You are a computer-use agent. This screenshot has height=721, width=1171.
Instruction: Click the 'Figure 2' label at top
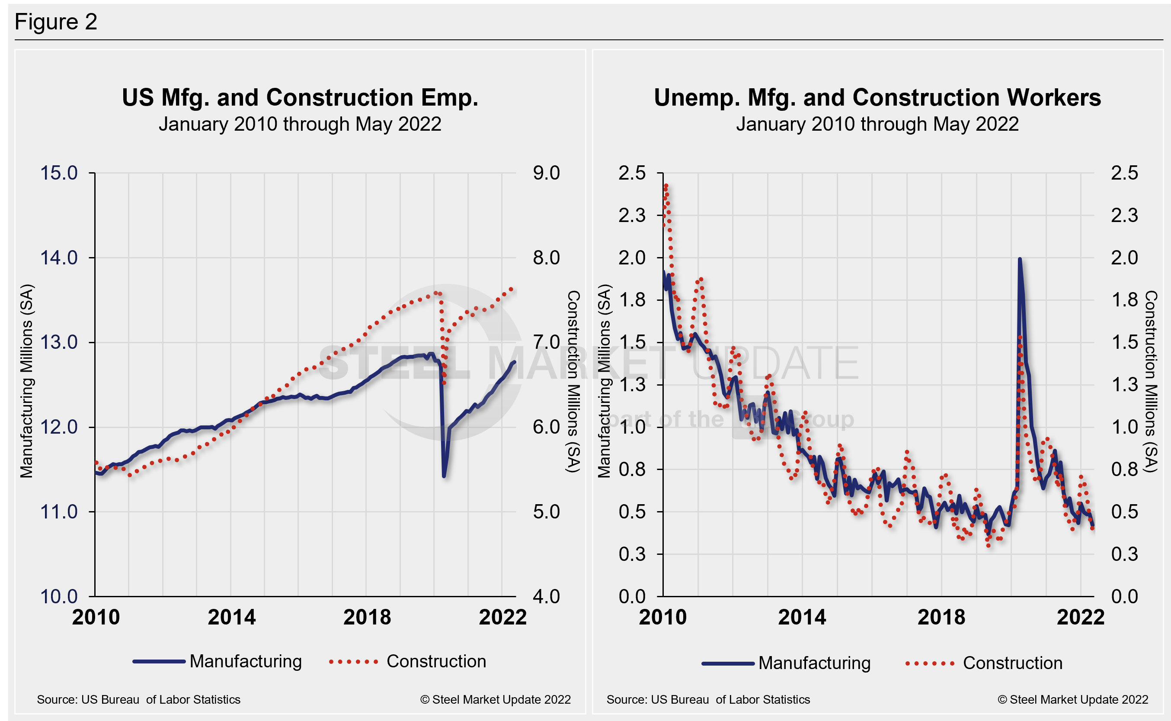[56, 22]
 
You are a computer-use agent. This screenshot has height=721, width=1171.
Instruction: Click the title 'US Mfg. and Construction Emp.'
[300, 98]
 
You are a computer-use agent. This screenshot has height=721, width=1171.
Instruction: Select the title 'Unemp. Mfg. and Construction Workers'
[877, 98]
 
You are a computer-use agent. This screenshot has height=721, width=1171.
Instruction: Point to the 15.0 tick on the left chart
[59, 173]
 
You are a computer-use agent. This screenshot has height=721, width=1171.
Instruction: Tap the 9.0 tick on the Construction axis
[546, 173]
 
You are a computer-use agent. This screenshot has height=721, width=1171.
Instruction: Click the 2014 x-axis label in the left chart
[231, 618]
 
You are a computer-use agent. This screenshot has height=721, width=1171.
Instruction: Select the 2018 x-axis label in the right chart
[941, 618]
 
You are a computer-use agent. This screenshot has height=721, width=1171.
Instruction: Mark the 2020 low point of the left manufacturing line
[444, 476]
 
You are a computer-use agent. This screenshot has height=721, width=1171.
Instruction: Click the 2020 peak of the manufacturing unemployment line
[1019, 259]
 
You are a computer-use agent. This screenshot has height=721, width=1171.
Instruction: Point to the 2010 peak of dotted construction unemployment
[665, 185]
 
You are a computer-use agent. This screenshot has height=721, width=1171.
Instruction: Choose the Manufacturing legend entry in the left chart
[217, 661]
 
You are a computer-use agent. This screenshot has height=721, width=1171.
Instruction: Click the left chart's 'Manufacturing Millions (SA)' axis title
[27, 381]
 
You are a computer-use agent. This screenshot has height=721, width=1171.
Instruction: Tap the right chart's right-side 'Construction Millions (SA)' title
[1151, 381]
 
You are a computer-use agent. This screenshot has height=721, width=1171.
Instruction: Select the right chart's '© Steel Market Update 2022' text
[1073, 699]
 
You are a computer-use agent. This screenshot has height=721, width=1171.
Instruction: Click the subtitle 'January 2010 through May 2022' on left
[300, 124]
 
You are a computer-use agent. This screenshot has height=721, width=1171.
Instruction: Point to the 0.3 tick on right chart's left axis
[632, 554]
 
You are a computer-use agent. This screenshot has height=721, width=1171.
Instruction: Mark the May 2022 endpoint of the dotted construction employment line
[512, 289]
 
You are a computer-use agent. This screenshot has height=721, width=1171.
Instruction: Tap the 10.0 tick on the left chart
[59, 596]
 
